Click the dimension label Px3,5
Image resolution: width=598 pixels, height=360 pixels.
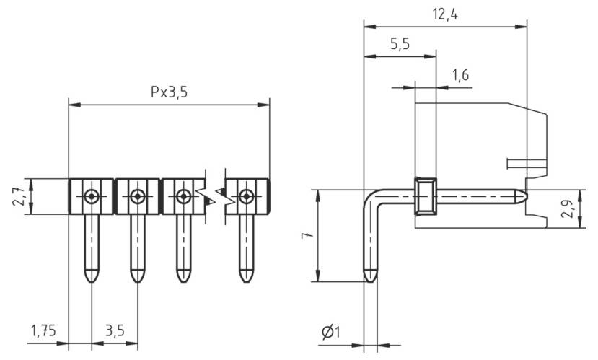point(169,92)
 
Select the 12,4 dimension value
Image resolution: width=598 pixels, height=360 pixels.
point(445,14)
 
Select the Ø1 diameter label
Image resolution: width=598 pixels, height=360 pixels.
point(331,332)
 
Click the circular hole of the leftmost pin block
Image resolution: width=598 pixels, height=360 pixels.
point(91,196)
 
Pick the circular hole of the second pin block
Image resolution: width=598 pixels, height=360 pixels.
point(137,196)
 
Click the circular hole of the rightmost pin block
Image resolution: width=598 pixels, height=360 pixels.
point(247,196)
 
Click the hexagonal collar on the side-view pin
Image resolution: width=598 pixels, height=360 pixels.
point(425,196)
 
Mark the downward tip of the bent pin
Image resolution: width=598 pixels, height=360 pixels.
point(369,277)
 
